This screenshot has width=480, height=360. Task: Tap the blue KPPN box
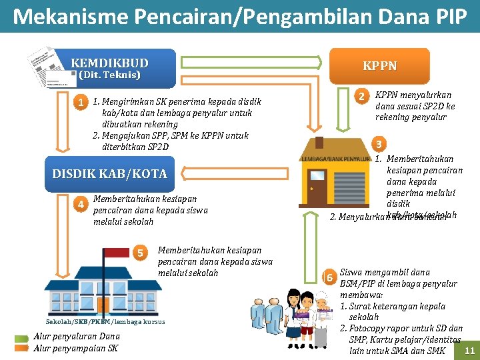(379, 66)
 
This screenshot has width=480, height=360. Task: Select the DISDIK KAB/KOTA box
(109, 174)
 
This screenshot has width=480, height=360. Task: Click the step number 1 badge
(81, 103)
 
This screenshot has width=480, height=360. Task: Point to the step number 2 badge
(361, 97)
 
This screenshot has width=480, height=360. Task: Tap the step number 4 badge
(81, 204)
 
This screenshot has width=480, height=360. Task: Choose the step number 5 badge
(141, 253)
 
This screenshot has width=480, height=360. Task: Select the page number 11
(469, 351)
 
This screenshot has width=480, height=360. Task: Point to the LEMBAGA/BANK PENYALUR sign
(335, 159)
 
